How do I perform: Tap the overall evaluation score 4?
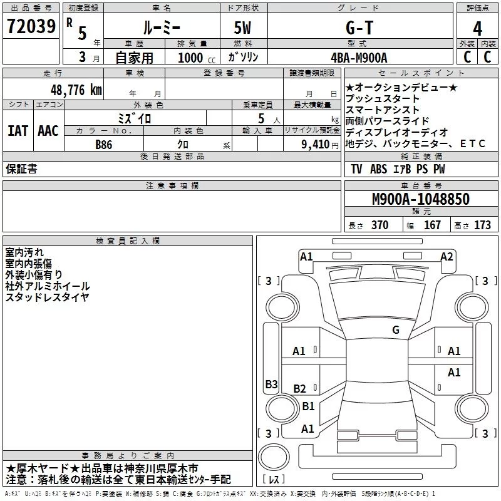tap(477, 28)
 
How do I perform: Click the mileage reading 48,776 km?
tap(76, 90)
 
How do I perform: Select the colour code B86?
tap(104, 143)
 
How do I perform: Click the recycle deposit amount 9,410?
tap(312, 144)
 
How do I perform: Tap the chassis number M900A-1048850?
tap(420, 199)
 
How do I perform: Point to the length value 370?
tap(380, 225)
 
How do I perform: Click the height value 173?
tap(482, 225)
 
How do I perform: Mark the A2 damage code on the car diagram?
tap(447, 256)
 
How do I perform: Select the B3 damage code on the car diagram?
tap(271, 385)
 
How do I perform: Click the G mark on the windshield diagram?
tap(395, 330)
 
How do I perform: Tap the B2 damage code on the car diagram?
tap(300, 389)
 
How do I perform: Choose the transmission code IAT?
tap(18, 131)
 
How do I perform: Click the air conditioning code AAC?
tap(48, 131)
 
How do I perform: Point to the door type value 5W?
tap(243, 28)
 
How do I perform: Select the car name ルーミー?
tap(161, 28)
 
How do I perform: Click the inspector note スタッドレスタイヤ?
tap(48, 297)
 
